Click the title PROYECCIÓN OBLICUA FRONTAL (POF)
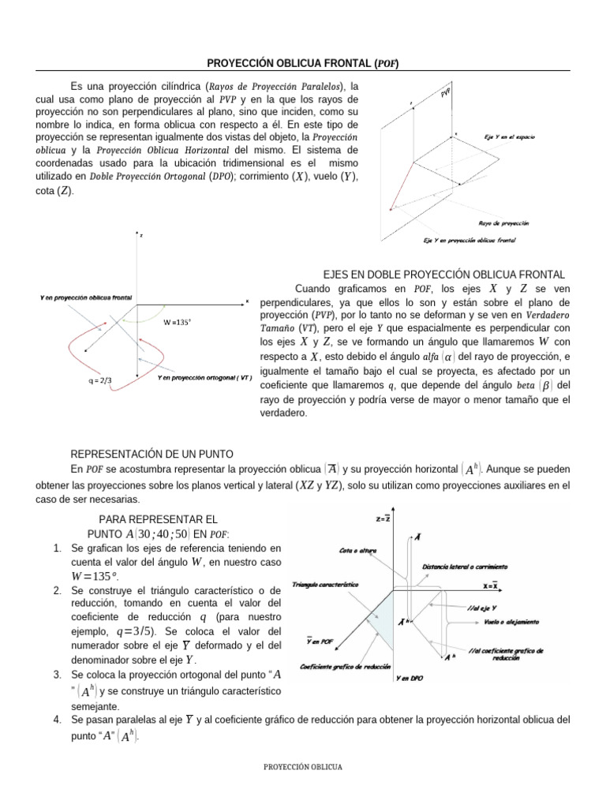[x=303, y=62]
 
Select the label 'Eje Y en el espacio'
[x=509, y=137]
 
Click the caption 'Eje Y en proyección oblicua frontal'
[x=469, y=239]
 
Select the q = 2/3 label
[x=101, y=380]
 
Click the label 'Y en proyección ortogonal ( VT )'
[x=204, y=378]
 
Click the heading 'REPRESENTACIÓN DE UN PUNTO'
[x=152, y=454]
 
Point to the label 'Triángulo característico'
[x=325, y=585]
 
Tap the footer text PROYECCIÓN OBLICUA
[x=303, y=766]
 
